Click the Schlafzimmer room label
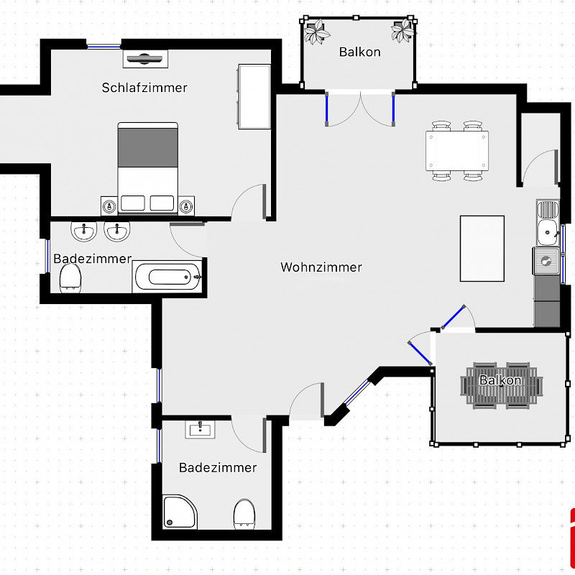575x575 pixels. (144, 88)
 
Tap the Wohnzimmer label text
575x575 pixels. (321, 267)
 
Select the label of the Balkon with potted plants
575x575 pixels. (360, 52)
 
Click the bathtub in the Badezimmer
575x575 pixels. (167, 277)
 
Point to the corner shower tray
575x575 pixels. (180, 512)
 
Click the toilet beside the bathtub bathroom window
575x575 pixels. (70, 278)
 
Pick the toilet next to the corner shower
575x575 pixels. (244, 514)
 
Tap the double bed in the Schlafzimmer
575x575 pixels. (148, 168)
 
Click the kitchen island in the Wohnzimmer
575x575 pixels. (482, 249)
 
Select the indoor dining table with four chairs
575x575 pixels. (457, 151)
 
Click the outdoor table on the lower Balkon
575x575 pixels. (502, 386)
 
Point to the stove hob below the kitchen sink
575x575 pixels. (546, 261)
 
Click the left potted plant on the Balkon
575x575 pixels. (316, 31)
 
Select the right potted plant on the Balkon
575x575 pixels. (402, 30)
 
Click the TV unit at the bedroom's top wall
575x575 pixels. (145, 59)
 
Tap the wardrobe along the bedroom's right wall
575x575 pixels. (254, 97)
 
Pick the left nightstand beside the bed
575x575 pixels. (109, 206)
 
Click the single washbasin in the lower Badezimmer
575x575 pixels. (200, 429)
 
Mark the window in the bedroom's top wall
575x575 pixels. (103, 46)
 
